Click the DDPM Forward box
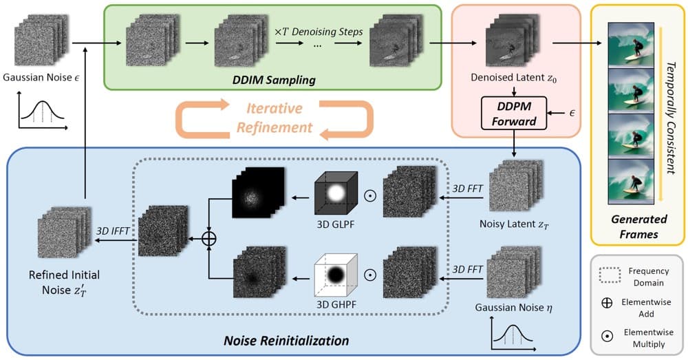point(514,114)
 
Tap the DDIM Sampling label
point(274,80)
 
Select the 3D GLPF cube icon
point(336,193)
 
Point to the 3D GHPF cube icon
point(336,275)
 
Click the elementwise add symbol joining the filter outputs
point(209,238)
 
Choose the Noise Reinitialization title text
point(286,341)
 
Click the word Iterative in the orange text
point(275,108)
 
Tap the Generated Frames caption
point(639,226)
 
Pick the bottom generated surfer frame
point(631,181)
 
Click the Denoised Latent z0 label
point(514,78)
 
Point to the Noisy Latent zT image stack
point(516,186)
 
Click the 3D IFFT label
point(113,231)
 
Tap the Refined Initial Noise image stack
point(65,232)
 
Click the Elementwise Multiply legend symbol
point(608,337)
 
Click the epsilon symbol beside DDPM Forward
point(572,114)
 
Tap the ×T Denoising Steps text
point(319,32)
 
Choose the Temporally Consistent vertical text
point(670,118)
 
